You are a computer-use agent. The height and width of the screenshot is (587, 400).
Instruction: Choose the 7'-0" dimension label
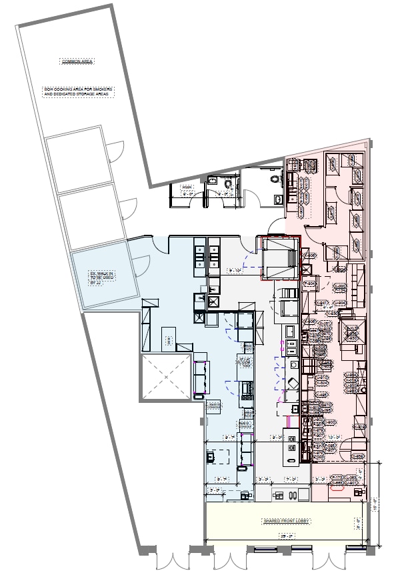(291, 479)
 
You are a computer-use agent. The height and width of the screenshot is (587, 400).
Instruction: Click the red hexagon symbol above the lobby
(337, 486)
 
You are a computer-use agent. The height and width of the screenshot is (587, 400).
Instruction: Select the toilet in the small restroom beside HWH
(230, 182)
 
